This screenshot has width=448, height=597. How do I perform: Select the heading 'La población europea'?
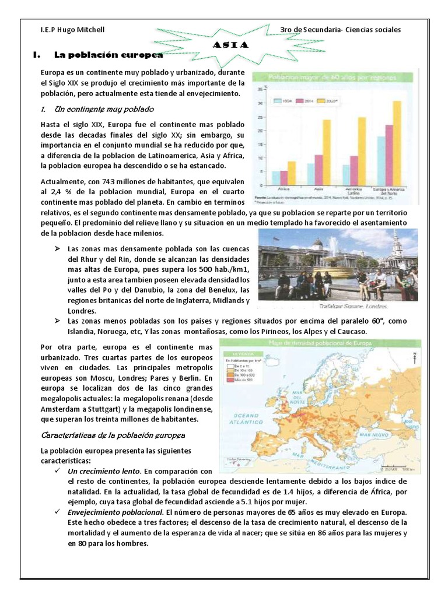pyautogui.click(x=108, y=55)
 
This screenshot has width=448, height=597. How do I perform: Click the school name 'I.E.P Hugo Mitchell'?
pyautogui.click(x=73, y=30)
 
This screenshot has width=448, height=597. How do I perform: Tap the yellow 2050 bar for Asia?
pyautogui.click(x=326, y=152)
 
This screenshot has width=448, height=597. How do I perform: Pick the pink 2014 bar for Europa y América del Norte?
pyautogui.click(x=388, y=154)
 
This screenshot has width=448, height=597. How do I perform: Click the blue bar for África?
pyautogui.click(x=276, y=177)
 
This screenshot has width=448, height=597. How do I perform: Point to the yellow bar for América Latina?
pyautogui.click(x=361, y=150)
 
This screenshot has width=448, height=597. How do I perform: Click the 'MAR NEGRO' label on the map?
pyautogui.click(x=390, y=434)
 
